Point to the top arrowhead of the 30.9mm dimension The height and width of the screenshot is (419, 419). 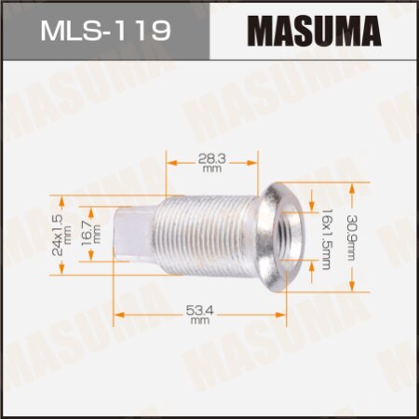pos(352,185)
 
